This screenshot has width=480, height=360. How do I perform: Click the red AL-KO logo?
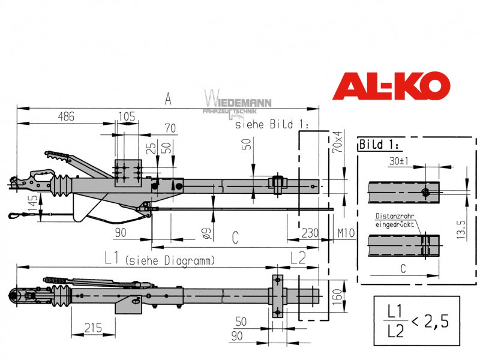click(391, 86)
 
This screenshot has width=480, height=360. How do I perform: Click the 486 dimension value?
click(66, 116)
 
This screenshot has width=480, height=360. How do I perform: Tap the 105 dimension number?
click(127, 116)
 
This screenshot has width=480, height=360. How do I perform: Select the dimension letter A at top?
click(168, 99)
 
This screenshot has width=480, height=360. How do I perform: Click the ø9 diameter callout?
click(206, 234)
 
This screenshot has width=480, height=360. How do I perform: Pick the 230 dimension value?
click(310, 233)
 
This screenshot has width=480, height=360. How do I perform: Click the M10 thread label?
click(346, 233)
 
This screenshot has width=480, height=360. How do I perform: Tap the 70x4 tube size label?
click(337, 142)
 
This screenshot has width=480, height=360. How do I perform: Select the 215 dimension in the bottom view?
click(93, 328)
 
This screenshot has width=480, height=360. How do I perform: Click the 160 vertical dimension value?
click(337, 296)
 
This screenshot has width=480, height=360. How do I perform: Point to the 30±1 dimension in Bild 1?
click(399, 161)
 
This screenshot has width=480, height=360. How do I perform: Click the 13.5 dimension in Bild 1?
click(461, 229)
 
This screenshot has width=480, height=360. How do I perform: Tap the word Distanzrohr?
click(395, 216)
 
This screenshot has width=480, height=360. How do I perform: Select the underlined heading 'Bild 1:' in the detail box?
click(379, 145)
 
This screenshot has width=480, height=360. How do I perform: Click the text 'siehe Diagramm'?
click(170, 261)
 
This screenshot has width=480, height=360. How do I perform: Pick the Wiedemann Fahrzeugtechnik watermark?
click(237, 103)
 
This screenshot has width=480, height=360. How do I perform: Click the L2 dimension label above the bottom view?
click(298, 258)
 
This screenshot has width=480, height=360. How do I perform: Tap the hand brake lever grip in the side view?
click(56, 155)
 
